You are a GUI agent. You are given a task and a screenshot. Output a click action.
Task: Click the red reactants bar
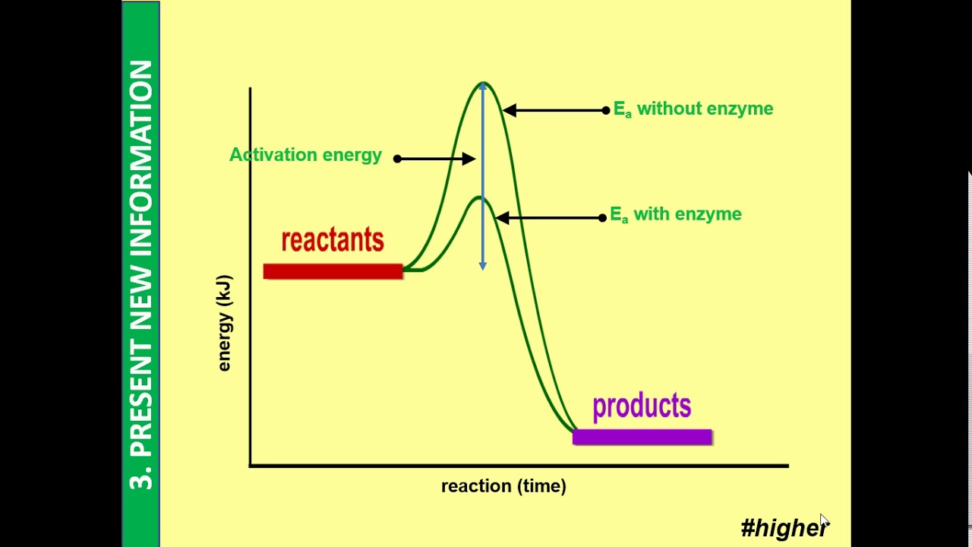[x=333, y=271]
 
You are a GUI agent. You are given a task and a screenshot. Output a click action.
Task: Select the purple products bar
[x=642, y=437]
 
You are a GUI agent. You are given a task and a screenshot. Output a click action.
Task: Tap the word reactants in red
[x=333, y=240]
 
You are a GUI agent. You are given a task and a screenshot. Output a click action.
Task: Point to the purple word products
[x=642, y=406]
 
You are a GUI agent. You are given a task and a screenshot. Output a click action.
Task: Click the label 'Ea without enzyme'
[x=693, y=109]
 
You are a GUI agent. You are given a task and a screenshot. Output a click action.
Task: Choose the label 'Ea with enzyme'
[x=675, y=215]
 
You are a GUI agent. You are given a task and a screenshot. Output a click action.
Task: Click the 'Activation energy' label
[x=305, y=155]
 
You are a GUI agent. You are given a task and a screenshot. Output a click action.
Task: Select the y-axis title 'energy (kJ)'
[x=224, y=324]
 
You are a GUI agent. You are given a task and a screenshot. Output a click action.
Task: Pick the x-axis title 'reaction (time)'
[x=503, y=486]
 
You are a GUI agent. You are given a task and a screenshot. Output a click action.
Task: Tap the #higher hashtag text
[x=782, y=527]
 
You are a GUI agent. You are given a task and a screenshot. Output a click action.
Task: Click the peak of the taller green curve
[x=483, y=84]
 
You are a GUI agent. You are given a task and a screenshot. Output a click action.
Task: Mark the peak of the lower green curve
[x=479, y=198]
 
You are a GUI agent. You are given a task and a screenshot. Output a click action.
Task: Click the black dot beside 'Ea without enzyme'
[x=605, y=111]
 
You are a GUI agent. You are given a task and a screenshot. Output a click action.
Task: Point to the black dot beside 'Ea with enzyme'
[x=602, y=218]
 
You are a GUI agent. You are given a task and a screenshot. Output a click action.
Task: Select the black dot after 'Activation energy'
[x=397, y=158]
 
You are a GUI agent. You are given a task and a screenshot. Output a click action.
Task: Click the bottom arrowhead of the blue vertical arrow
[x=482, y=265]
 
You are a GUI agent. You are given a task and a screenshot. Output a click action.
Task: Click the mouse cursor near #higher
[x=824, y=521]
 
